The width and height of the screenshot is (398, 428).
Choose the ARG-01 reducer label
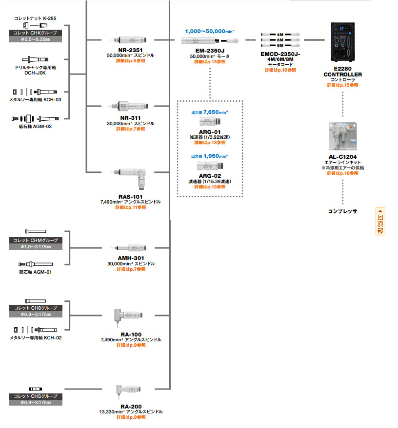(210, 131)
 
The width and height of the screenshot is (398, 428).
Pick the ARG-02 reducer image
(210, 166)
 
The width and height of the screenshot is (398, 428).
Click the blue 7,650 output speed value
(215, 112)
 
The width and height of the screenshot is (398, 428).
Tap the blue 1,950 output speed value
(215, 156)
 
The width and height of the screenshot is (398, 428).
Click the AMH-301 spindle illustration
(130, 247)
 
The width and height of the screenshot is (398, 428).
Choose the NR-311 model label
(131, 118)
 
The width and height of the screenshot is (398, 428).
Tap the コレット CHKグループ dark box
(35, 33)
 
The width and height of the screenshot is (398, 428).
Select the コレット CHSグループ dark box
(35, 396)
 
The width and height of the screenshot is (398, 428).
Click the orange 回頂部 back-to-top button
(380, 222)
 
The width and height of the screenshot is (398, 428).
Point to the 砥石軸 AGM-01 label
(36, 272)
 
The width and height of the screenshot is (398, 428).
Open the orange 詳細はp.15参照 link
(342, 85)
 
